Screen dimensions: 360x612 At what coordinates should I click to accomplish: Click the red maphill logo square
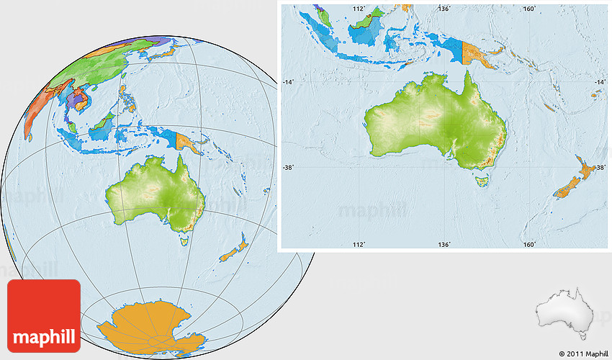(44, 315)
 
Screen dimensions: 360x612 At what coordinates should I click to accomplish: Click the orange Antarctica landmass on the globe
(145, 324)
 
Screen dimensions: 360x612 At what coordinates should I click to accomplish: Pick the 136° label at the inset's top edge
(444, 9)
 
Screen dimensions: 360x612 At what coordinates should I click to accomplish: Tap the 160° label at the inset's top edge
(529, 9)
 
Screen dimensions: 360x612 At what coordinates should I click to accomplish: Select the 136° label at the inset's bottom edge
(444, 245)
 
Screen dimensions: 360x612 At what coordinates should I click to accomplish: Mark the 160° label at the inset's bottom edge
(529, 245)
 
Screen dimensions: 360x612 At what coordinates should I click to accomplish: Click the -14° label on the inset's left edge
(289, 83)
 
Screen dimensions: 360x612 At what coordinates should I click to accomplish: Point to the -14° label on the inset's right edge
(600, 83)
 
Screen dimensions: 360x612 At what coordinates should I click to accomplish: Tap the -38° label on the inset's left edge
(289, 168)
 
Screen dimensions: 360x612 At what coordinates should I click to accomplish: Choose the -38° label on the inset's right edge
(600, 168)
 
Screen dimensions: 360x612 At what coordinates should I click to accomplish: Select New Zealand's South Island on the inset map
(567, 189)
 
